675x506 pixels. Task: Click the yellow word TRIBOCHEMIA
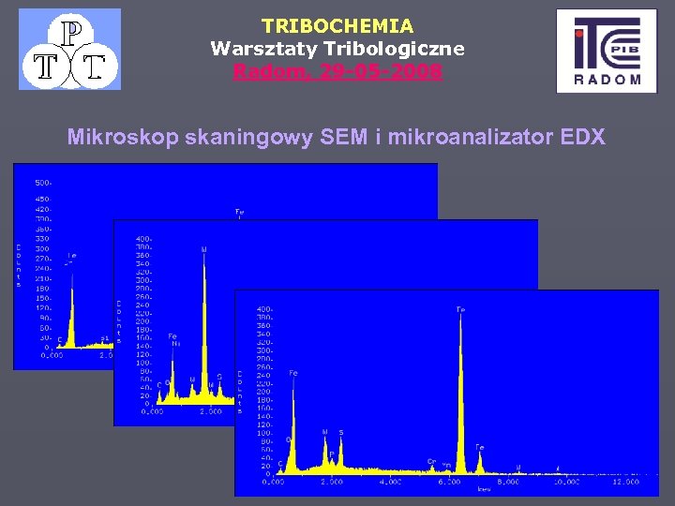pos(337,25)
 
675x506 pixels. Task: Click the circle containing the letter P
pos(69,34)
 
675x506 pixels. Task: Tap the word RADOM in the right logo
pos(608,80)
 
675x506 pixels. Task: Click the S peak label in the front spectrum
pos(340,432)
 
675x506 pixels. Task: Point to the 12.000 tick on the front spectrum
pos(624,483)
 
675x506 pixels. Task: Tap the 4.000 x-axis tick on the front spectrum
pos(390,483)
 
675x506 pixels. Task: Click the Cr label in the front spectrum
pos(432,461)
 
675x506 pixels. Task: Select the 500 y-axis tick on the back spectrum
pos(43,182)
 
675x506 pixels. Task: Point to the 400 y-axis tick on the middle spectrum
pos(142,239)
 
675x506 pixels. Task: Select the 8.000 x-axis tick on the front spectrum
pos(507,483)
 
